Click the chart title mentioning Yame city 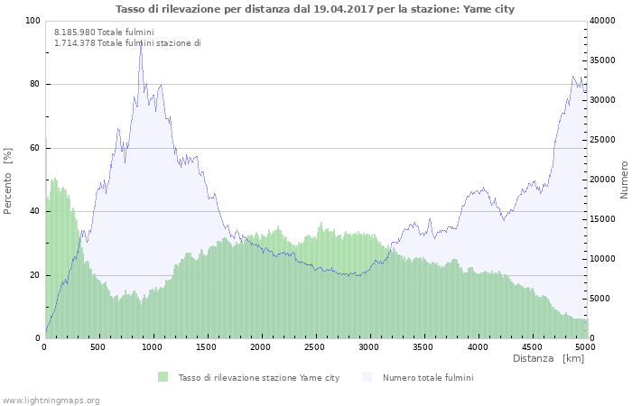[x=315, y=9]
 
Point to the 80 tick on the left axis [x=34, y=85]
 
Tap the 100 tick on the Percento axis [x=33, y=21]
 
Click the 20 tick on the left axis [x=34, y=275]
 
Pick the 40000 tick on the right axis [x=603, y=21]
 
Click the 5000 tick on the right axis [x=600, y=299]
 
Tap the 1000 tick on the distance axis [x=153, y=346]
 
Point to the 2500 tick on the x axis [x=315, y=346]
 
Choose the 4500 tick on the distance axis [x=532, y=346]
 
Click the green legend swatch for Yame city [x=163, y=377]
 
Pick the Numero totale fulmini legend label [x=428, y=377]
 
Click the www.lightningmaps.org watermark [x=51, y=400]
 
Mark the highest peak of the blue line [x=141, y=41]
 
